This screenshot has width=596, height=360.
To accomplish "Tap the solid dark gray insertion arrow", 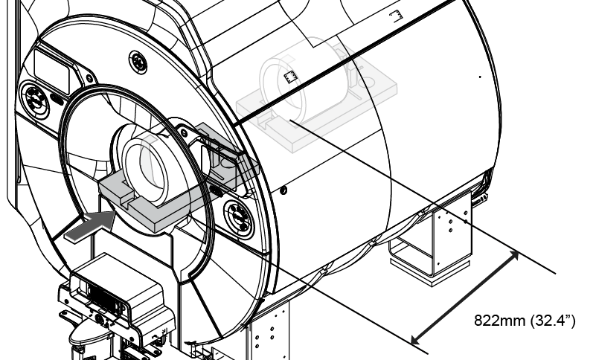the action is [91, 227].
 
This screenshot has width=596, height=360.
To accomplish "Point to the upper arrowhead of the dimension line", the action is [514, 255].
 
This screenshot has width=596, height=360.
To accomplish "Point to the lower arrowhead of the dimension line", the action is [417, 339].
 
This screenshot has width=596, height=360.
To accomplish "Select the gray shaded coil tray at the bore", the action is [179, 181].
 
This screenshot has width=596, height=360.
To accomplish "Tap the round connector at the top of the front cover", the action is [138, 62].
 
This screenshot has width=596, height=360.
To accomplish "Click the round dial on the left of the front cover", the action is [35, 100].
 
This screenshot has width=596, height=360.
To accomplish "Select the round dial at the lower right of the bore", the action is [239, 219].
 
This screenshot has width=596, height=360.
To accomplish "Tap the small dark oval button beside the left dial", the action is [58, 98].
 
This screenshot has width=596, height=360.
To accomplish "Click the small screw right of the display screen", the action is [90, 78].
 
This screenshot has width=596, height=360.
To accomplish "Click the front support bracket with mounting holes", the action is [267, 329].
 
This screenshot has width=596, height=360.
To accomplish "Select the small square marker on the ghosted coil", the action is [290, 77].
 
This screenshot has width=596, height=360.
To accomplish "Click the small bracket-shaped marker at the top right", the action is [396, 16].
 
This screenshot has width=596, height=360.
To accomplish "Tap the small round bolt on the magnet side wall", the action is [283, 190].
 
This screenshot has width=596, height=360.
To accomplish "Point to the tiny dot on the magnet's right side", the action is [480, 77].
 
